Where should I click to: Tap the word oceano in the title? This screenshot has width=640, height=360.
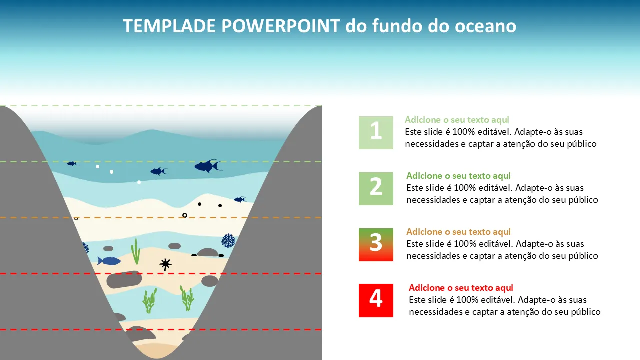coord(485,26)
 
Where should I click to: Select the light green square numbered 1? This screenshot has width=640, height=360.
coord(376,133)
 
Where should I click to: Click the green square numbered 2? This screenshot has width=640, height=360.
coord(376,189)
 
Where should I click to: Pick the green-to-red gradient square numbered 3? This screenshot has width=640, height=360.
coord(376,245)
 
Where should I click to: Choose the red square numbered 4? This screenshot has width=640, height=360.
coord(376,300)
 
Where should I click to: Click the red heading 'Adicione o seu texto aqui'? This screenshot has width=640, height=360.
coord(461,287)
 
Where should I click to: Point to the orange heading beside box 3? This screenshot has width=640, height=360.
coord(458,231)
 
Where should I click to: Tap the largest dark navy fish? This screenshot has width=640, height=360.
coord(208,166)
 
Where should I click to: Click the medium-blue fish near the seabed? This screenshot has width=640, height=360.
coord(109,261)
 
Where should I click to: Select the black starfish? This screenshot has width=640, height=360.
coord(165,264)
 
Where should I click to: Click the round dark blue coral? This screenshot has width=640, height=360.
coord(228,241)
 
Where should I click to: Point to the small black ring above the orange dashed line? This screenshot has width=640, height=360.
coord(185,215)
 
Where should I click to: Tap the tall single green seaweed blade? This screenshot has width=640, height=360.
coord(135,251)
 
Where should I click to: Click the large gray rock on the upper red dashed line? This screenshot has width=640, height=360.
coord(124,279)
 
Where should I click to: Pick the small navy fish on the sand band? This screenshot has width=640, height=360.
coord(240,199)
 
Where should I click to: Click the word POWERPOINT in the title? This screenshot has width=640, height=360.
coord(281,26)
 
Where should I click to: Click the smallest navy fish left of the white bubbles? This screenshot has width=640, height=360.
coord(72,163)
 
